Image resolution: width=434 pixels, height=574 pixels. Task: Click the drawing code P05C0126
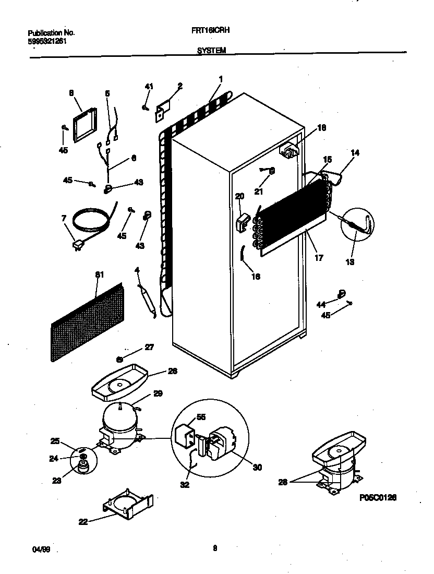pos(378,498)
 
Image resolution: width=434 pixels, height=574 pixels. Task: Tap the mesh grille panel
pos(87,324)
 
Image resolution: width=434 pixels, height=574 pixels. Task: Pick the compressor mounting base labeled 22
pos(128,505)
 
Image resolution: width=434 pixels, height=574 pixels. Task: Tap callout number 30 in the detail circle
pos(257,468)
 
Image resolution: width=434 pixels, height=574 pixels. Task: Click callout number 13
pos(349,262)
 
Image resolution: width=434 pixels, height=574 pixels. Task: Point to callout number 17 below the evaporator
pos(319,257)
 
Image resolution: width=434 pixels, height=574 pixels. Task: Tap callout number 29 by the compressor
pos(158,395)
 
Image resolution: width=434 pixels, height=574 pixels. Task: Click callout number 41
pos(149,86)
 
